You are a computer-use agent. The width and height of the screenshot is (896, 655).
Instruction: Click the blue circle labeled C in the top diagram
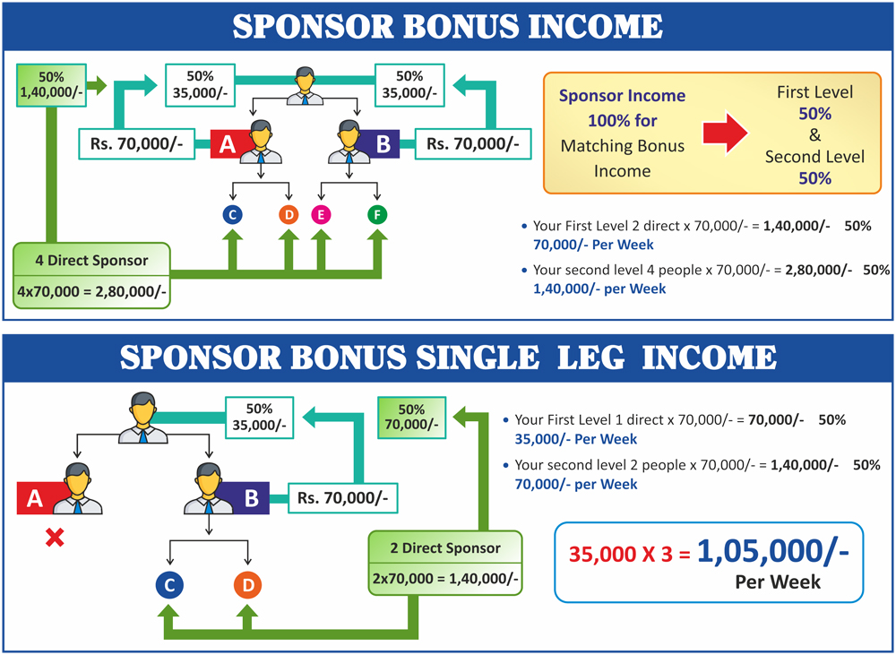pos(233,215)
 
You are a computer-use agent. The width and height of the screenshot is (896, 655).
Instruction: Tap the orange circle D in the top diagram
pos(289,215)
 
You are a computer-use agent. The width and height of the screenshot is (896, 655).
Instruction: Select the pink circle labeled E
pos(321,215)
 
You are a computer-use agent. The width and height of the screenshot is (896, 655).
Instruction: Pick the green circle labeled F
pos(377,215)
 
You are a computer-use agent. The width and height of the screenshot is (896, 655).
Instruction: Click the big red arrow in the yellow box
pos(725,133)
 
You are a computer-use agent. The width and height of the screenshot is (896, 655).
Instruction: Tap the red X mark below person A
pos(55,538)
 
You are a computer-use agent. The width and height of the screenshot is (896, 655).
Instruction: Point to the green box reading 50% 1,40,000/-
pos(51,85)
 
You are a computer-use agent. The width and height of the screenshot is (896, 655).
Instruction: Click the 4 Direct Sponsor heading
pos(91,261)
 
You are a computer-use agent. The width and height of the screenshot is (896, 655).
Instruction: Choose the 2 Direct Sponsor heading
pos(445,548)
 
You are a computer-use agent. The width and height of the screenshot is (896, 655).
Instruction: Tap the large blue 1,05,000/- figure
pos(773,552)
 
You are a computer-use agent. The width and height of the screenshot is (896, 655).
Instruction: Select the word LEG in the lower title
pos(590,358)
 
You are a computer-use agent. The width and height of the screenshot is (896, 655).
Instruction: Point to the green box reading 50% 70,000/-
pos(412,418)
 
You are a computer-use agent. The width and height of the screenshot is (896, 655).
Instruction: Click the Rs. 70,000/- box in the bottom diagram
pos(343,498)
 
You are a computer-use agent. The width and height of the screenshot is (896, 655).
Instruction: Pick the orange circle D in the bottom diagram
pos(248,585)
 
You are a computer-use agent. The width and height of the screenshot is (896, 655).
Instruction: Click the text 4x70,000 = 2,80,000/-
pos(91,291)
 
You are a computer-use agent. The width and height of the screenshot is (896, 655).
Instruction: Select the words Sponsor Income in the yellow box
pos(623,96)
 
